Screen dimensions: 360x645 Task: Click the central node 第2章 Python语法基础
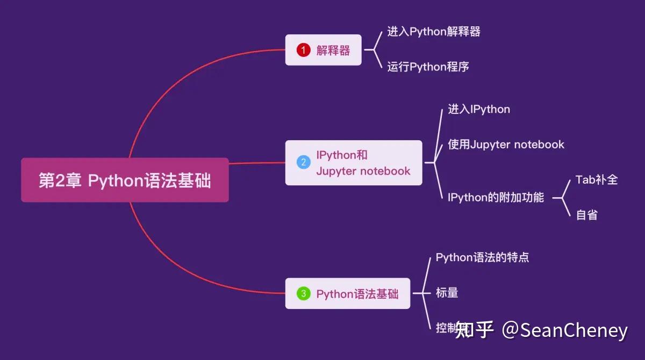pyautogui.click(x=125, y=181)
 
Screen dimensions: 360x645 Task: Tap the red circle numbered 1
pyautogui.click(x=304, y=51)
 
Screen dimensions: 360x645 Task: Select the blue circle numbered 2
pyautogui.click(x=304, y=162)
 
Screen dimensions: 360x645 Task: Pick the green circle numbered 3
pyautogui.click(x=304, y=293)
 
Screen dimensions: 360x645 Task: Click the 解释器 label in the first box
pyautogui.click(x=333, y=51)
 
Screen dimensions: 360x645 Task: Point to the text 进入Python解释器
pyautogui.click(x=434, y=32)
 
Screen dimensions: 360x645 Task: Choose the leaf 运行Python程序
pyautogui.click(x=428, y=67)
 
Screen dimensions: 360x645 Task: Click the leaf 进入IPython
pyautogui.click(x=479, y=110)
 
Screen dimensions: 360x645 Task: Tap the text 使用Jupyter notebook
pyautogui.click(x=506, y=145)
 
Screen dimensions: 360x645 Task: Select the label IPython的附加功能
pyautogui.click(x=496, y=198)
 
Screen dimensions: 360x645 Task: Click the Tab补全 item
pyautogui.click(x=597, y=179)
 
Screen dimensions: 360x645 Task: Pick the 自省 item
pyautogui.click(x=586, y=215)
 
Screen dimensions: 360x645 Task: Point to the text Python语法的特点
pyautogui.click(x=482, y=257)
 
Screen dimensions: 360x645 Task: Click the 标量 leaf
pyautogui.click(x=447, y=293)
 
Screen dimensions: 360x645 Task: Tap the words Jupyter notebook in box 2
pyautogui.click(x=363, y=171)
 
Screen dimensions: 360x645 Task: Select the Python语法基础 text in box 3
pyautogui.click(x=357, y=294)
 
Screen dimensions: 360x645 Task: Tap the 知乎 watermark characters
pyautogui.click(x=474, y=330)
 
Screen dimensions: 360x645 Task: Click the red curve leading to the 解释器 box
pyautogui.click(x=177, y=81)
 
